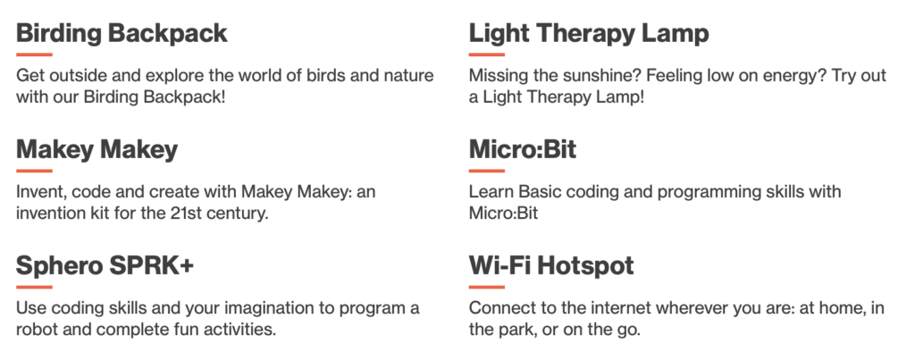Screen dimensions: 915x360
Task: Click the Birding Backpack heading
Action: (122, 34)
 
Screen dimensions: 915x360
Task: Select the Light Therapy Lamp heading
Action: (589, 34)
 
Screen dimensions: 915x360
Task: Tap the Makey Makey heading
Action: (97, 150)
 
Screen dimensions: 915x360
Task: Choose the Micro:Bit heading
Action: (522, 149)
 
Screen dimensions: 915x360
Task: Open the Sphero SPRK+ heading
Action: (105, 266)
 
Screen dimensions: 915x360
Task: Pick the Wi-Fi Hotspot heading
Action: (551, 266)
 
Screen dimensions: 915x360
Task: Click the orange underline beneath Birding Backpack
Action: (34, 54)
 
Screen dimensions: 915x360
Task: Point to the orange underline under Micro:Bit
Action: (487, 171)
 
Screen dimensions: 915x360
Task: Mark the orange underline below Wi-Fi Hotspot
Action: (487, 287)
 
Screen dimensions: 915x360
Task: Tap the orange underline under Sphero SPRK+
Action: (34, 287)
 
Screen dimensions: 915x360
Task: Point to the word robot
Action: (38, 330)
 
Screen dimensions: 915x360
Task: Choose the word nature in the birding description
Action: (407, 76)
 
